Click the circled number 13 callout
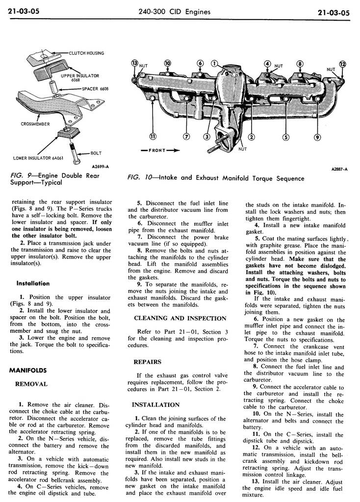tap(135, 63)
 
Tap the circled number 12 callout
tap(342, 64)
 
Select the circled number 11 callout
tap(153, 136)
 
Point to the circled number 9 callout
tap(317, 137)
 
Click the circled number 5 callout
tap(285, 137)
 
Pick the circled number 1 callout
tap(214, 63)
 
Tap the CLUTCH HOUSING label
tap(86, 53)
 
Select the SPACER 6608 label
tap(95, 89)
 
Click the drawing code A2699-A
tap(99, 167)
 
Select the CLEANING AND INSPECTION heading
tap(180, 318)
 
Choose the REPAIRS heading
tap(148, 362)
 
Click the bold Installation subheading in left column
tap(33, 283)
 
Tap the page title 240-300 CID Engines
tap(180, 12)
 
